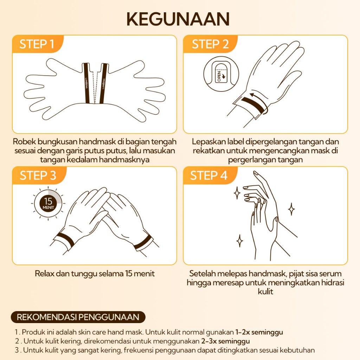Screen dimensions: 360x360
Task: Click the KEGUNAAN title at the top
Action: point(178,19)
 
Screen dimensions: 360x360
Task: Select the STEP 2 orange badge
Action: point(210,44)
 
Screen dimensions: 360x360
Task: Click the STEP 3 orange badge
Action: point(38,175)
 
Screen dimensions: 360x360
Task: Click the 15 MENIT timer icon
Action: point(48,203)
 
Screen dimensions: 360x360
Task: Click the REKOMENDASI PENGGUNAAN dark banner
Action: point(78,317)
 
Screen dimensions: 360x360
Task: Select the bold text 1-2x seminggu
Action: point(259,332)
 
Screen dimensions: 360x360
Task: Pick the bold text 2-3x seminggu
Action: point(225,341)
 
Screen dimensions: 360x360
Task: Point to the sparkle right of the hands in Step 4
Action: point(291,209)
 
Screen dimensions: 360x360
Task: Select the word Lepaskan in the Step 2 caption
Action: point(209,142)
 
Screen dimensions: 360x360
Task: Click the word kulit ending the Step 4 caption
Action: point(266,291)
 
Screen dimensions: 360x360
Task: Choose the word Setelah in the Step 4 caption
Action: point(202,274)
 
